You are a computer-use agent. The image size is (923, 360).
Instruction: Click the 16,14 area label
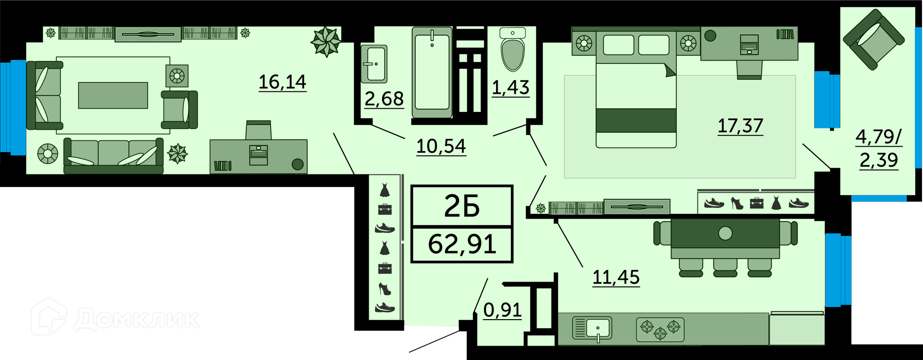tap(282, 82)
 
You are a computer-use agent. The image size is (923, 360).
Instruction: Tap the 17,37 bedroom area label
tap(740, 126)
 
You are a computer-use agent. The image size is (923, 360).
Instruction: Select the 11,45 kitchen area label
tap(616, 277)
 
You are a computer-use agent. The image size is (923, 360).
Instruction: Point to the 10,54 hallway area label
tap(441, 146)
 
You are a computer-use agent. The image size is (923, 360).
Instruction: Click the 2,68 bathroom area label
tap(384, 99)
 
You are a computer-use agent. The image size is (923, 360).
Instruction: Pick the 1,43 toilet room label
tap(511, 87)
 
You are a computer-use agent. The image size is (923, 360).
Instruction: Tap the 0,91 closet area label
tap(502, 310)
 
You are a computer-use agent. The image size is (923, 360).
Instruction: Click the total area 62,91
tap(462, 244)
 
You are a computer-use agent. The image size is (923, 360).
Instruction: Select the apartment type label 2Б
tap(462, 207)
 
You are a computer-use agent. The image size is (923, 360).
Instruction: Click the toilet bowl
tap(512, 49)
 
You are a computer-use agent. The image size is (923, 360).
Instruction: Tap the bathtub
tap(432, 72)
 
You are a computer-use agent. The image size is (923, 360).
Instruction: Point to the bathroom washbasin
tap(374, 64)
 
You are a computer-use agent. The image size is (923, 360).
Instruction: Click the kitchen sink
tap(592, 329)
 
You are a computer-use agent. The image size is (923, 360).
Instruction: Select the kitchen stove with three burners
tap(660, 329)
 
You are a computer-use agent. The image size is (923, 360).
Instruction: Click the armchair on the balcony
tap(873, 40)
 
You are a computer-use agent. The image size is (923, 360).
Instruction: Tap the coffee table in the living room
tap(113, 95)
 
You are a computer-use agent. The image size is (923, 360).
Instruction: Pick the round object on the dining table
tap(725, 234)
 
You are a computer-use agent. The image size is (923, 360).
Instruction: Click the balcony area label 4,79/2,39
tap(879, 149)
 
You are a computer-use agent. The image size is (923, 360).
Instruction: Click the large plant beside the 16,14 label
tap(326, 41)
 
